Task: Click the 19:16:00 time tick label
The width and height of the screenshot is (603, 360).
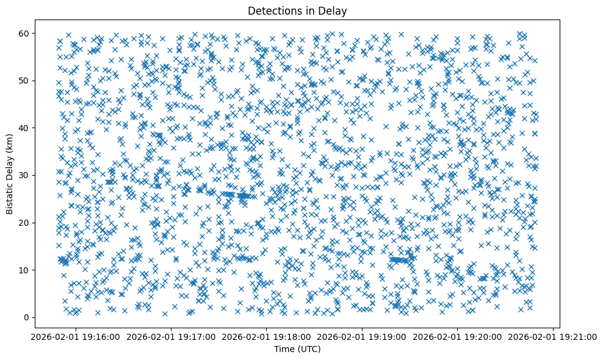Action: (x=76, y=336)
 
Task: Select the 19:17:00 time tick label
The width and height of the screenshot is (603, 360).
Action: (x=172, y=336)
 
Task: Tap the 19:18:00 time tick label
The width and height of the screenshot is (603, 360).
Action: (x=267, y=336)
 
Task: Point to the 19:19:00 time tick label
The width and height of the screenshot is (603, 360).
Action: (x=363, y=336)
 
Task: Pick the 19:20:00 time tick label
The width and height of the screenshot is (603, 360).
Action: (x=458, y=336)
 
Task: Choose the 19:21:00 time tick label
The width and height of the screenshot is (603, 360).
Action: (x=554, y=336)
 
